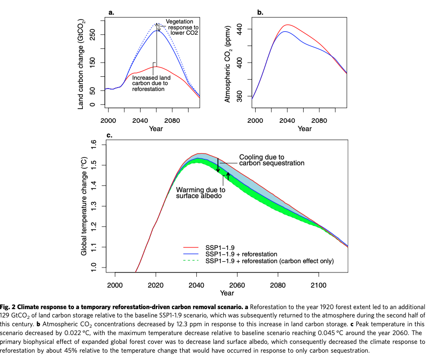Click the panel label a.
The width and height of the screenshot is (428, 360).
(x=111, y=13)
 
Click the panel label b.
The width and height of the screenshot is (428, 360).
(x=260, y=13)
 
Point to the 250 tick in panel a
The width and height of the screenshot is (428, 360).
(x=93, y=35)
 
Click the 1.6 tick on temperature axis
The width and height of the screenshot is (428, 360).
(x=95, y=145)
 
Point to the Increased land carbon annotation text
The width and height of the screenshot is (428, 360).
(x=151, y=83)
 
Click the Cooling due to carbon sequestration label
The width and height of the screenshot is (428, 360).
(x=272, y=160)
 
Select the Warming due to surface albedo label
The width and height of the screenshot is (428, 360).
(x=201, y=193)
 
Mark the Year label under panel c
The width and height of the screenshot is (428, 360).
(x=227, y=293)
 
